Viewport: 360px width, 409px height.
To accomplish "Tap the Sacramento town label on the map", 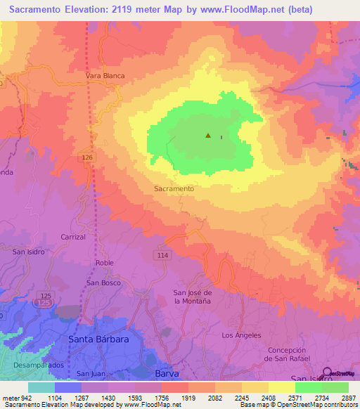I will click(174, 188).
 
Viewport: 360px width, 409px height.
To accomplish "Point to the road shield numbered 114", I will click(162, 254).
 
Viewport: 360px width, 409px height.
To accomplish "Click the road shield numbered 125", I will click(46, 294).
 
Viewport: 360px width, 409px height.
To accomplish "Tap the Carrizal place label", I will click(73, 238).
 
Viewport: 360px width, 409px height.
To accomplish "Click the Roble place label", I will click(104, 263).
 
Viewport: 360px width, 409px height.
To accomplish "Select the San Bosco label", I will click(103, 283).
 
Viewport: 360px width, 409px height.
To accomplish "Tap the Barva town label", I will click(167, 374).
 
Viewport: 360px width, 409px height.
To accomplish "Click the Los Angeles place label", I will click(241, 335).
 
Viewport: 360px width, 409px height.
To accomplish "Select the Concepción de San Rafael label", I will click(288, 354).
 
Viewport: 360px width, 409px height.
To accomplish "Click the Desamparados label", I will click(38, 365).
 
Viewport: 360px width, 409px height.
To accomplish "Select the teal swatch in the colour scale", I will click(41, 387).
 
